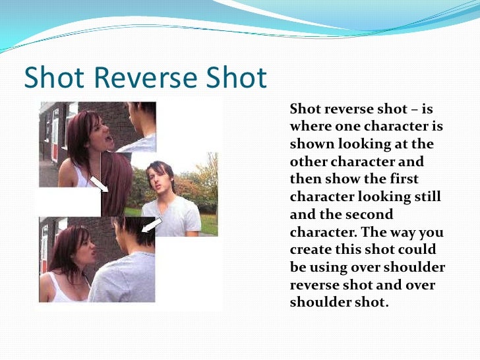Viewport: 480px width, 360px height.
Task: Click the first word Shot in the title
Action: tap(53, 79)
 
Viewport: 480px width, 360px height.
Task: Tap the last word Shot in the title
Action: tap(235, 79)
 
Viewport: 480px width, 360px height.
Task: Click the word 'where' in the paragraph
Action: tap(309, 126)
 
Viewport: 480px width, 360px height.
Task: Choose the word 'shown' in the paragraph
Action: tap(309, 144)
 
